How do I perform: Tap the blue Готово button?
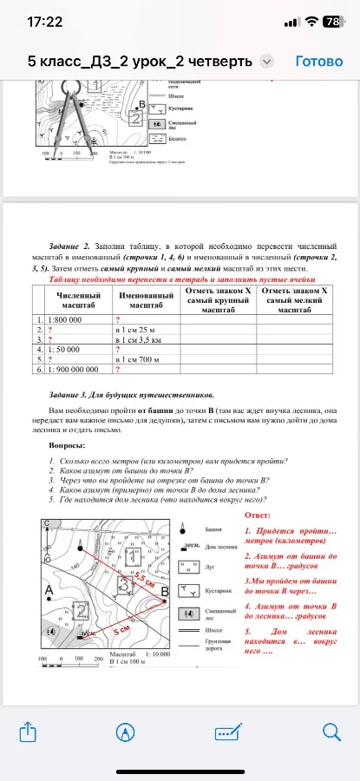[320, 62]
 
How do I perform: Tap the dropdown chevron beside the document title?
[267, 62]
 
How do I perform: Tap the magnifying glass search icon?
[331, 732]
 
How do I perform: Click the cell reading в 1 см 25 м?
[137, 330]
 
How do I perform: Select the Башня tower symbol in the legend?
[184, 528]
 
